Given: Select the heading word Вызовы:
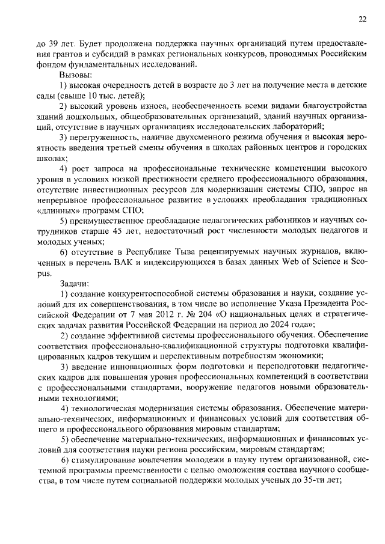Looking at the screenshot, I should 75,75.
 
